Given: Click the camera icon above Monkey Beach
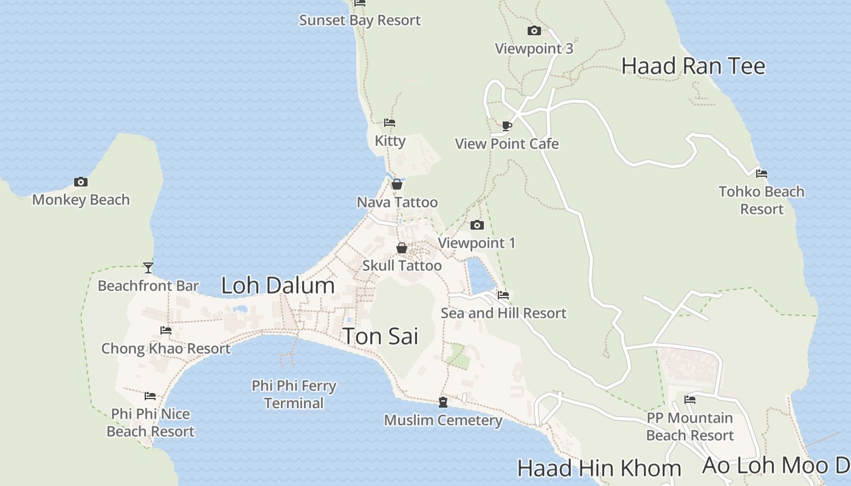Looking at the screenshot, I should (x=80, y=182).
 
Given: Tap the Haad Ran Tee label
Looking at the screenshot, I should (x=693, y=66).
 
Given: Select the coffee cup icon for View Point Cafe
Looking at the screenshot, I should (x=507, y=126).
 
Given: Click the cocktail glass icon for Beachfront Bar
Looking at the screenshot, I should (x=148, y=267).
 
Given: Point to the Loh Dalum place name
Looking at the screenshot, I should (x=278, y=285).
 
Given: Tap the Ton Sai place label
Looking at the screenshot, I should (x=381, y=336).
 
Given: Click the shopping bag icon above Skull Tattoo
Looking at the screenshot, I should (x=401, y=248).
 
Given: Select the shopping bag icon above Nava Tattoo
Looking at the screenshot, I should (x=397, y=184).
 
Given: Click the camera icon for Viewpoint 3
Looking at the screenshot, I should (x=534, y=30).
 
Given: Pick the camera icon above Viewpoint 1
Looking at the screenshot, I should (x=477, y=225).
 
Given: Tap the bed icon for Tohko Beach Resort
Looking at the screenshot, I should (x=761, y=174).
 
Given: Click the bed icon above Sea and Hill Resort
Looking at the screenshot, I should (x=503, y=295).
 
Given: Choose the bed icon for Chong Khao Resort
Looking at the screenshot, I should (x=166, y=330).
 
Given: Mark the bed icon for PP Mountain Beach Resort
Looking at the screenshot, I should (x=690, y=400).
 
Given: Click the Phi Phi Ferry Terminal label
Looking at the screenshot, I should (x=294, y=394).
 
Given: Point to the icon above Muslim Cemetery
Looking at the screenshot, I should (x=443, y=402).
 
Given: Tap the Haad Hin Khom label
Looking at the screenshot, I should (x=599, y=468).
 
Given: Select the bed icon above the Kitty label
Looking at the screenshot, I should (x=390, y=123).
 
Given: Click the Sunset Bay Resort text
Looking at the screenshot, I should (x=360, y=20).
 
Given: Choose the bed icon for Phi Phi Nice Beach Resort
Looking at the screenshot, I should (x=150, y=396).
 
